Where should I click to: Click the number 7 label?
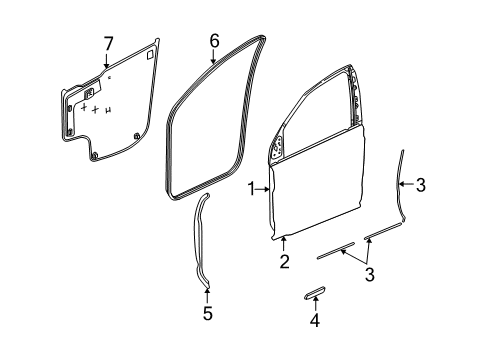(x=109, y=42)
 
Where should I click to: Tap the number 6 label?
(x=213, y=41)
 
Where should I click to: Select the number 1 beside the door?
(x=252, y=187)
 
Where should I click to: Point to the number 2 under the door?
(x=284, y=261)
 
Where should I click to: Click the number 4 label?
(x=313, y=321)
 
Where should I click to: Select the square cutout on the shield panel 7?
(x=150, y=56)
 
